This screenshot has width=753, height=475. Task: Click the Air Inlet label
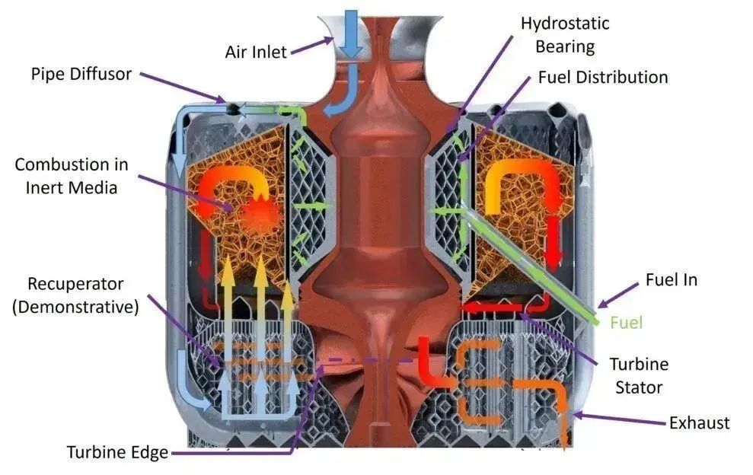(256, 52)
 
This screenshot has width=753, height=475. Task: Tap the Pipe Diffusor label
(81, 74)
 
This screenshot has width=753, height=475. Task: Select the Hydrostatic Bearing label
(564, 34)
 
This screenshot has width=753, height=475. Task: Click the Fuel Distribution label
(602, 77)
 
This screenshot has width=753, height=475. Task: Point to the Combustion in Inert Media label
(72, 175)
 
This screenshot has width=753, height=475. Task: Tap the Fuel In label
(670, 279)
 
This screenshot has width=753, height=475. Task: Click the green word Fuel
(627, 322)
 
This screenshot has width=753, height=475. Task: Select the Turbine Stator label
(638, 375)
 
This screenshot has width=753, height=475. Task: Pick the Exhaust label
(699, 422)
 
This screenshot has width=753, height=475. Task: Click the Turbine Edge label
(117, 452)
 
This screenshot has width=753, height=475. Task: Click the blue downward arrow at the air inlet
(351, 30)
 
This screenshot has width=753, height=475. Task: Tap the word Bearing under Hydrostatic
(564, 46)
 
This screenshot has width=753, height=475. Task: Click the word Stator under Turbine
(638, 387)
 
